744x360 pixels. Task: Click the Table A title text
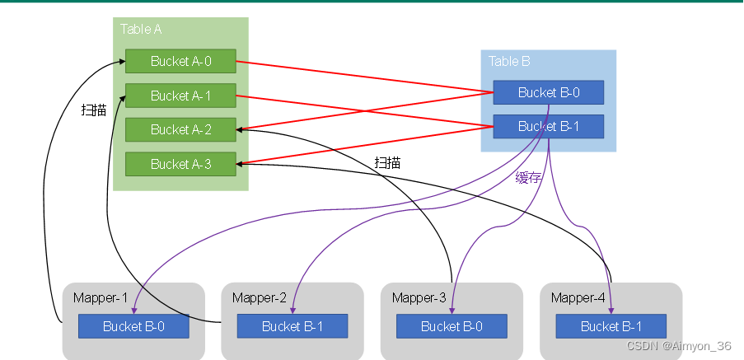click(141, 29)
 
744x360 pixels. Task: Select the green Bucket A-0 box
click(180, 61)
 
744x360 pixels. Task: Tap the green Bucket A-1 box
click(180, 96)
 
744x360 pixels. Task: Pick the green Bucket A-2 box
click(180, 129)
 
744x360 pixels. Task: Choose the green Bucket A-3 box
click(180, 164)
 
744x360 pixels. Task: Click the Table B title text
click(509, 61)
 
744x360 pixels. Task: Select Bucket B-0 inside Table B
click(548, 92)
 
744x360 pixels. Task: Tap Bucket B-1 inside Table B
click(548, 126)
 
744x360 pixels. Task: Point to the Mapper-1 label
click(101, 297)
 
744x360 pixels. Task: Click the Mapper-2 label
click(260, 297)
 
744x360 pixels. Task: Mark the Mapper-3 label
click(419, 297)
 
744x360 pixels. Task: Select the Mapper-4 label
click(578, 297)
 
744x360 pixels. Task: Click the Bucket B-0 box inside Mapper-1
click(133, 326)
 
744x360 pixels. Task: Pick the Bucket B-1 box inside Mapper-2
click(292, 326)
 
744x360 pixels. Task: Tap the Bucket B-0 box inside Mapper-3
click(452, 326)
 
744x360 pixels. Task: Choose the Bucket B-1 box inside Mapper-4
click(611, 326)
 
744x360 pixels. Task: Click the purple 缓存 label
click(528, 178)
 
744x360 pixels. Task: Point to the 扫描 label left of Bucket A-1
click(94, 110)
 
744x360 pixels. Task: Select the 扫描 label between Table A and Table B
click(387, 162)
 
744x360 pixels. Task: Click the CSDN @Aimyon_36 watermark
click(679, 347)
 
